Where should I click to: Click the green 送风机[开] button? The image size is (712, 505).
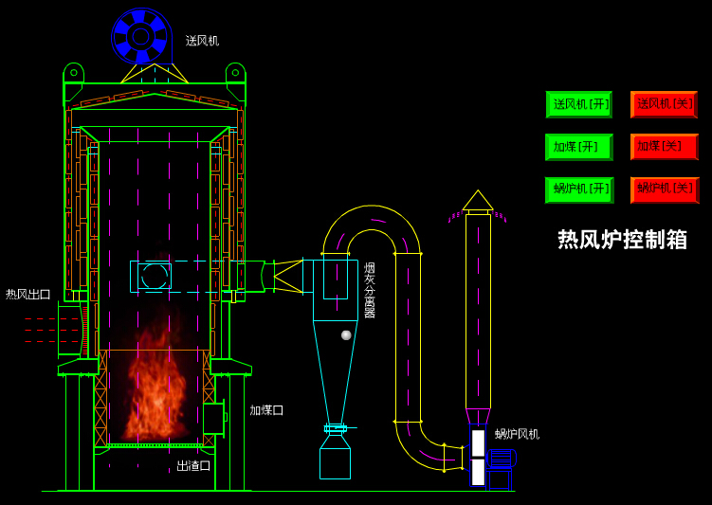click(x=578, y=104)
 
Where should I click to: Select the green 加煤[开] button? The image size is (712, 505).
click(x=578, y=147)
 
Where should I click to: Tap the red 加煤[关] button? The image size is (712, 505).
click(x=664, y=147)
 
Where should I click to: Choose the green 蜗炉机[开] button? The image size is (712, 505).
click(x=578, y=189)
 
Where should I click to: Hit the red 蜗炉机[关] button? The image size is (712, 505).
click(x=664, y=189)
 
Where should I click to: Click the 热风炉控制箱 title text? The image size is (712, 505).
click(x=622, y=240)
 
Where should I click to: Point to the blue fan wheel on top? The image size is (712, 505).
click(x=141, y=36)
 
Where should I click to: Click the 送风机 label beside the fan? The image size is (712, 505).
click(x=202, y=41)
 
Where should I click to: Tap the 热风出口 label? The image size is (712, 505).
click(x=28, y=295)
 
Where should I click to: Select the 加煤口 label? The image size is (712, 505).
click(x=266, y=410)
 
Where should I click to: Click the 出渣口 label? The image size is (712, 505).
click(x=193, y=466)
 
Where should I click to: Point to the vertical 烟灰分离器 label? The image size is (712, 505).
click(x=370, y=290)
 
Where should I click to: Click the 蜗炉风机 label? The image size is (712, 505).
click(x=517, y=434)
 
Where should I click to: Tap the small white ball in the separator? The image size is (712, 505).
click(x=346, y=334)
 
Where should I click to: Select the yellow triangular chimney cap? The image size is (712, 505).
click(x=478, y=201)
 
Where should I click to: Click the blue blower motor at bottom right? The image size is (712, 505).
click(x=500, y=469)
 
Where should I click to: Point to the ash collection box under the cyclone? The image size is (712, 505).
click(x=335, y=463)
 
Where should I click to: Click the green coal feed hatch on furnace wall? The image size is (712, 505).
click(x=213, y=418)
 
